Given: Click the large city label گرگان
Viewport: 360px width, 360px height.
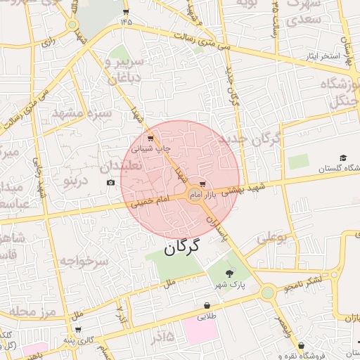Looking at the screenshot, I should tap(182, 247).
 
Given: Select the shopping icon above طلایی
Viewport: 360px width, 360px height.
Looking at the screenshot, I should tap(207, 306).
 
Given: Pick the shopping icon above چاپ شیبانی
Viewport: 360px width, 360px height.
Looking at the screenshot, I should tap(150, 137).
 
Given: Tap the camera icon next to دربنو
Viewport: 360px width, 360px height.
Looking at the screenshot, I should tap(110, 183).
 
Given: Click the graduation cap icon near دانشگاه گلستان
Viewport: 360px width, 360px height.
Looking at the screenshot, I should tap(343, 158).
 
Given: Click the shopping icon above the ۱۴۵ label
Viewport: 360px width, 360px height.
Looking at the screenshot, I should tap(126, 12).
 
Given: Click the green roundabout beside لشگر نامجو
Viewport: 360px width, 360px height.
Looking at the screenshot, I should tap(267, 291).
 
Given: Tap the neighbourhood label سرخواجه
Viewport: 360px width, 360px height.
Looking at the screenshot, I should tap(82, 261).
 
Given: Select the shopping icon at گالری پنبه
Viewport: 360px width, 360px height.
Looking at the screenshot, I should tap(78, 328).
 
